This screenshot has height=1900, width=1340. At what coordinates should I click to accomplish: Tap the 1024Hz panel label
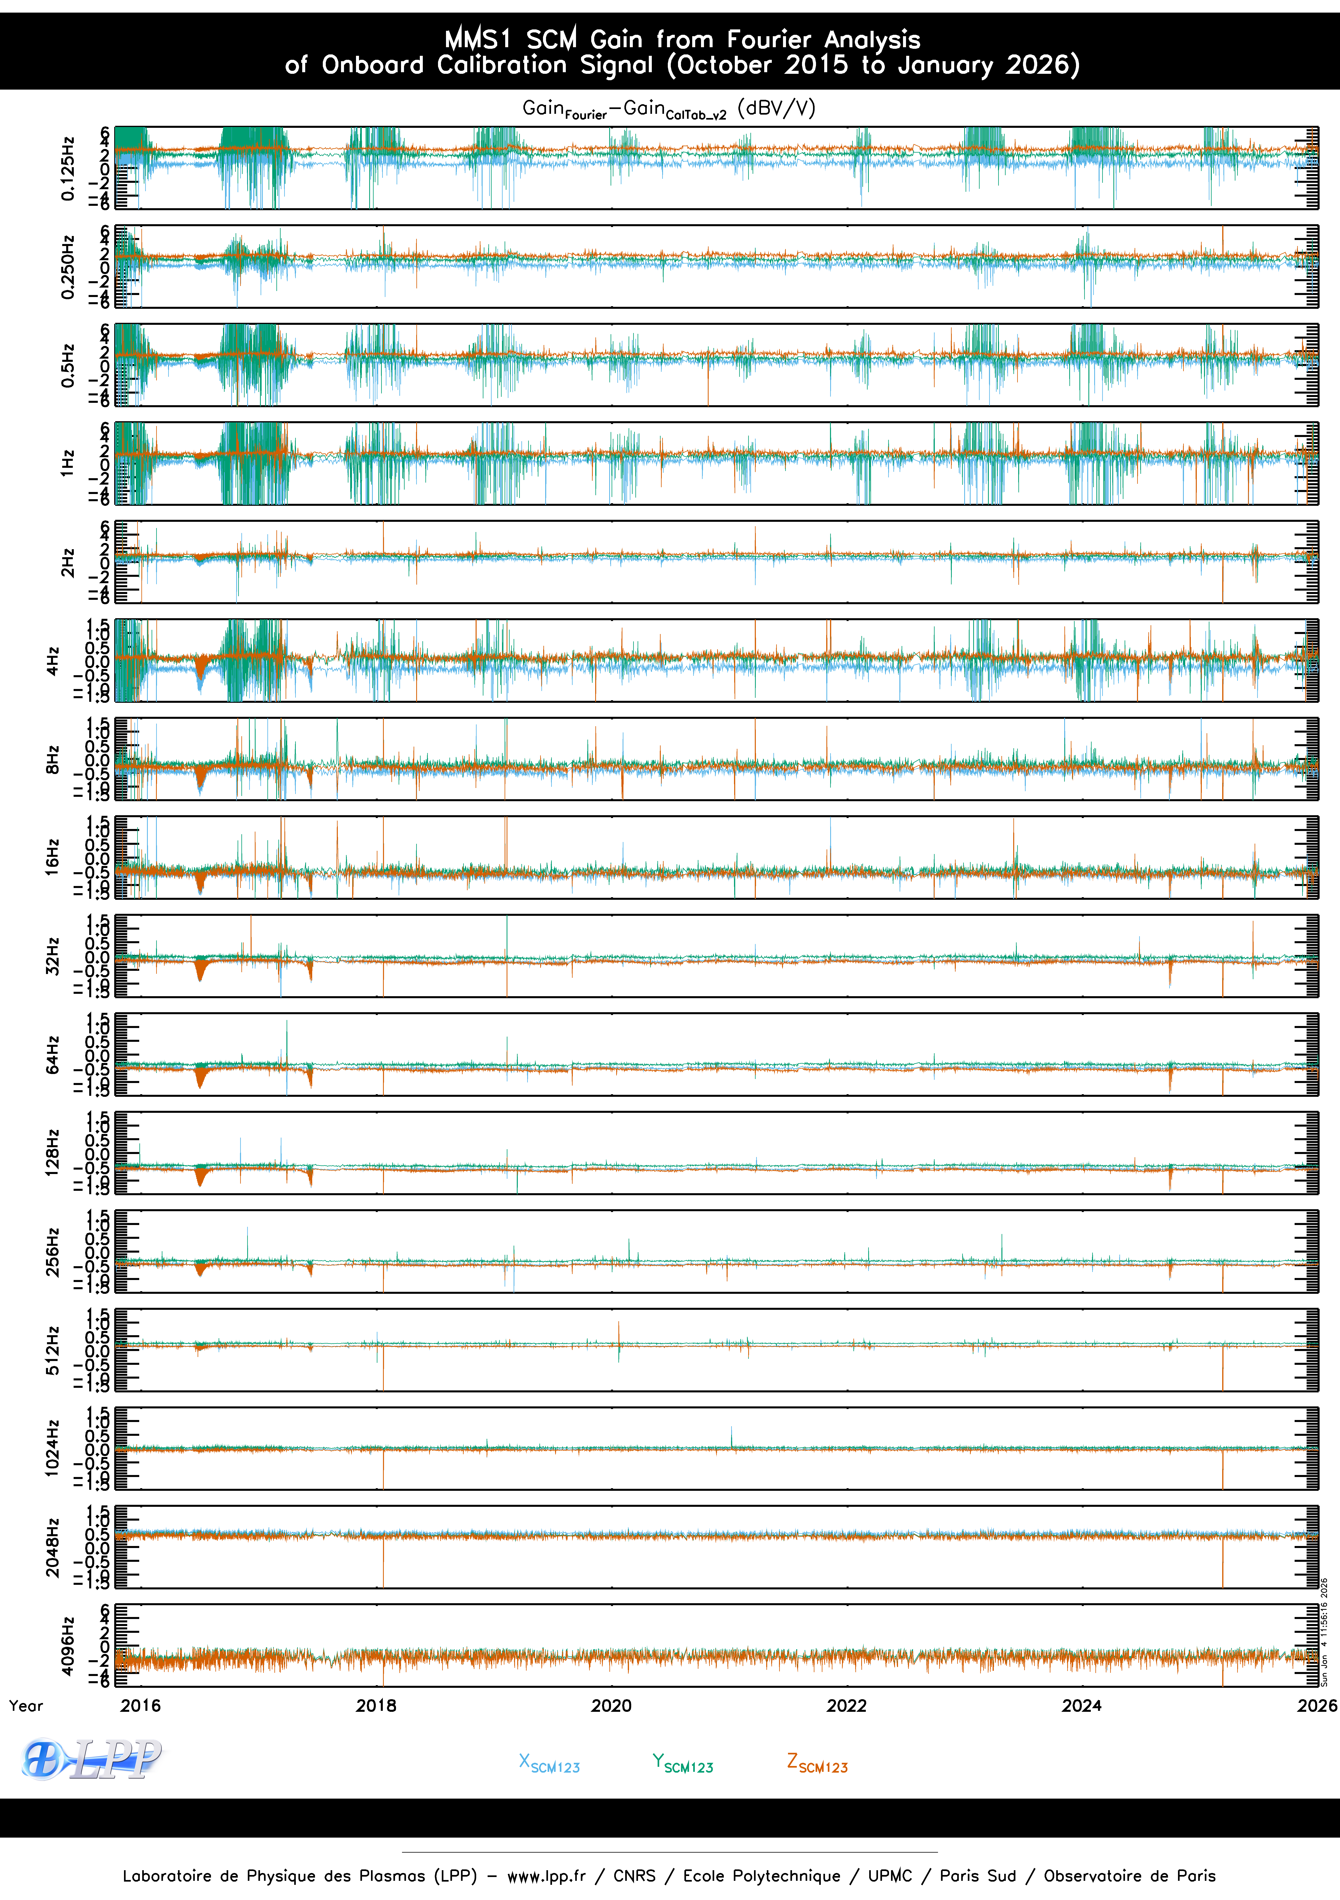tap(52, 1448)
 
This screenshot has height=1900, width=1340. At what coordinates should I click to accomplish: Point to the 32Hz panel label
tap(52, 956)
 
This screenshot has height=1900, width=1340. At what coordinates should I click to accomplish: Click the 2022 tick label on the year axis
tap(847, 1706)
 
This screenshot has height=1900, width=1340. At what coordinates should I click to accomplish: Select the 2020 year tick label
tap(612, 1706)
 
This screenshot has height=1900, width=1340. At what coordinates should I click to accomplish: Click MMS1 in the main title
tap(478, 39)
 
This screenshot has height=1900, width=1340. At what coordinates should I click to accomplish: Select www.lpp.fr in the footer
tap(546, 1876)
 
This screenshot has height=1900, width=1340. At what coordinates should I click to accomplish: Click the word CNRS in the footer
tap(634, 1876)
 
